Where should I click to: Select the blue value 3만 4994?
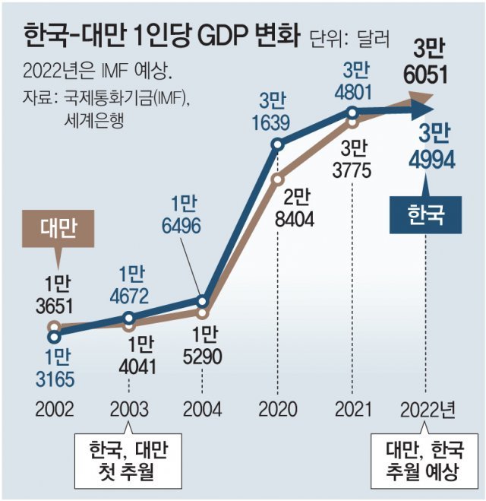(x=428, y=149)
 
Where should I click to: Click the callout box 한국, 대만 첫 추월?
(x=127, y=461)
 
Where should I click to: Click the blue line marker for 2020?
(x=278, y=144)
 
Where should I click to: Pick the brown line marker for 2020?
(x=278, y=179)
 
